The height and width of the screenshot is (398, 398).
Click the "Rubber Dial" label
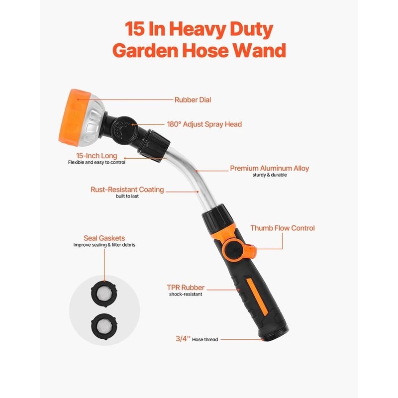193,100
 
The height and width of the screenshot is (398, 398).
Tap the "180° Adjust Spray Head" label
204,124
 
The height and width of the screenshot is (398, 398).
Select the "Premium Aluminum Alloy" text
269,169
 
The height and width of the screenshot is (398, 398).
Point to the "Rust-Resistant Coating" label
127,190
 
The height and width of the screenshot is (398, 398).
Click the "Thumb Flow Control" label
283,228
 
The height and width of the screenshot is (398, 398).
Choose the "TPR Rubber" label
186,288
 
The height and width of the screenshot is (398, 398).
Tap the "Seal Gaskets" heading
104,238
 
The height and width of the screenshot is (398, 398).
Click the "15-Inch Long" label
97,156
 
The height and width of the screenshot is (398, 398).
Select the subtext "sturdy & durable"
269,176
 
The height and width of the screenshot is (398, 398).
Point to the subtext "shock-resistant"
186,295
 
